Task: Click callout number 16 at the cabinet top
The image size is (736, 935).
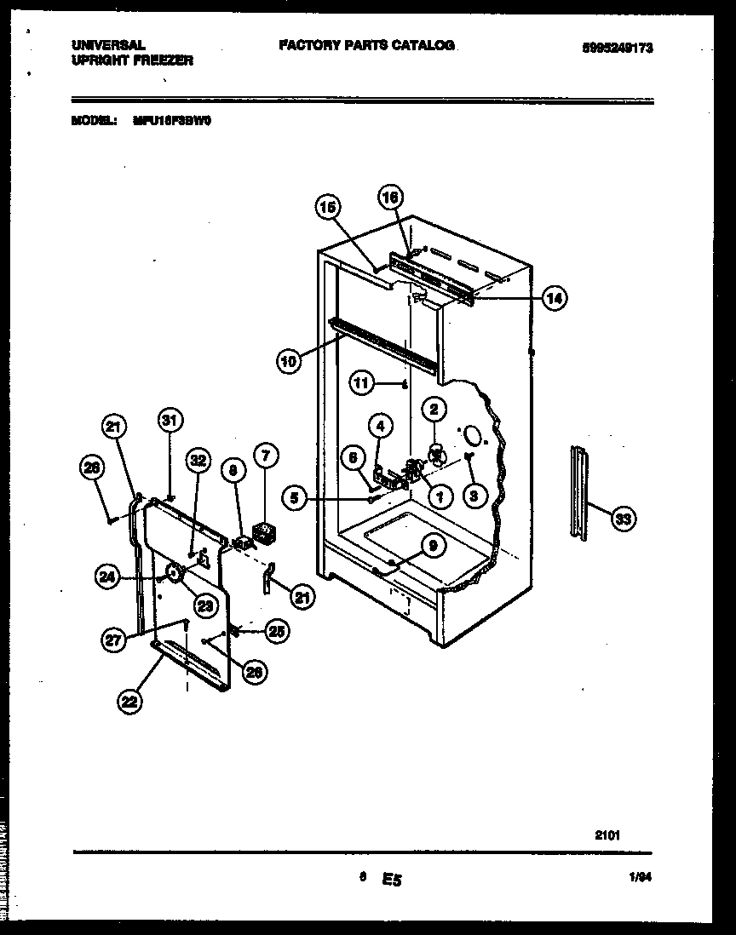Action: (x=389, y=198)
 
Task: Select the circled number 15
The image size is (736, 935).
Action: (x=328, y=206)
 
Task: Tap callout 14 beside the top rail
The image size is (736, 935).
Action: (x=555, y=298)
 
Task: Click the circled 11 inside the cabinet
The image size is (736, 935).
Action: (x=362, y=384)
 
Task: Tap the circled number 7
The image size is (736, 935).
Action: (x=265, y=456)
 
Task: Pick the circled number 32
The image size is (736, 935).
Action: (x=198, y=461)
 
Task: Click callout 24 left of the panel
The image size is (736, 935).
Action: (x=107, y=578)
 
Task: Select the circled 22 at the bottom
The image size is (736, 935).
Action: (x=129, y=702)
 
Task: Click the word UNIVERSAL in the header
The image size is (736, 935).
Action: (x=106, y=46)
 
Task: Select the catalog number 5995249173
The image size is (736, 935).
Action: (x=618, y=49)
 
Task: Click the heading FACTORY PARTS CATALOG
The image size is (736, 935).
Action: (x=366, y=45)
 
